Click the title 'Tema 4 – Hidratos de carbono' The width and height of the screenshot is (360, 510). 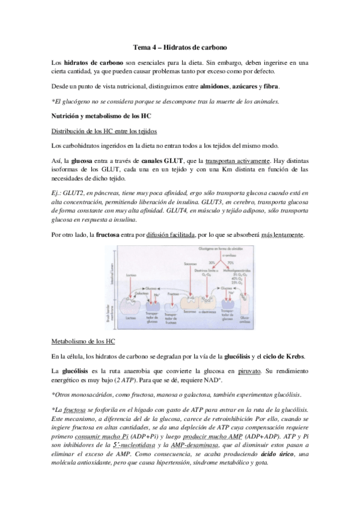pos(180,46)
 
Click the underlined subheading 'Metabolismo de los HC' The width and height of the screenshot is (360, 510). pos(83,341)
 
